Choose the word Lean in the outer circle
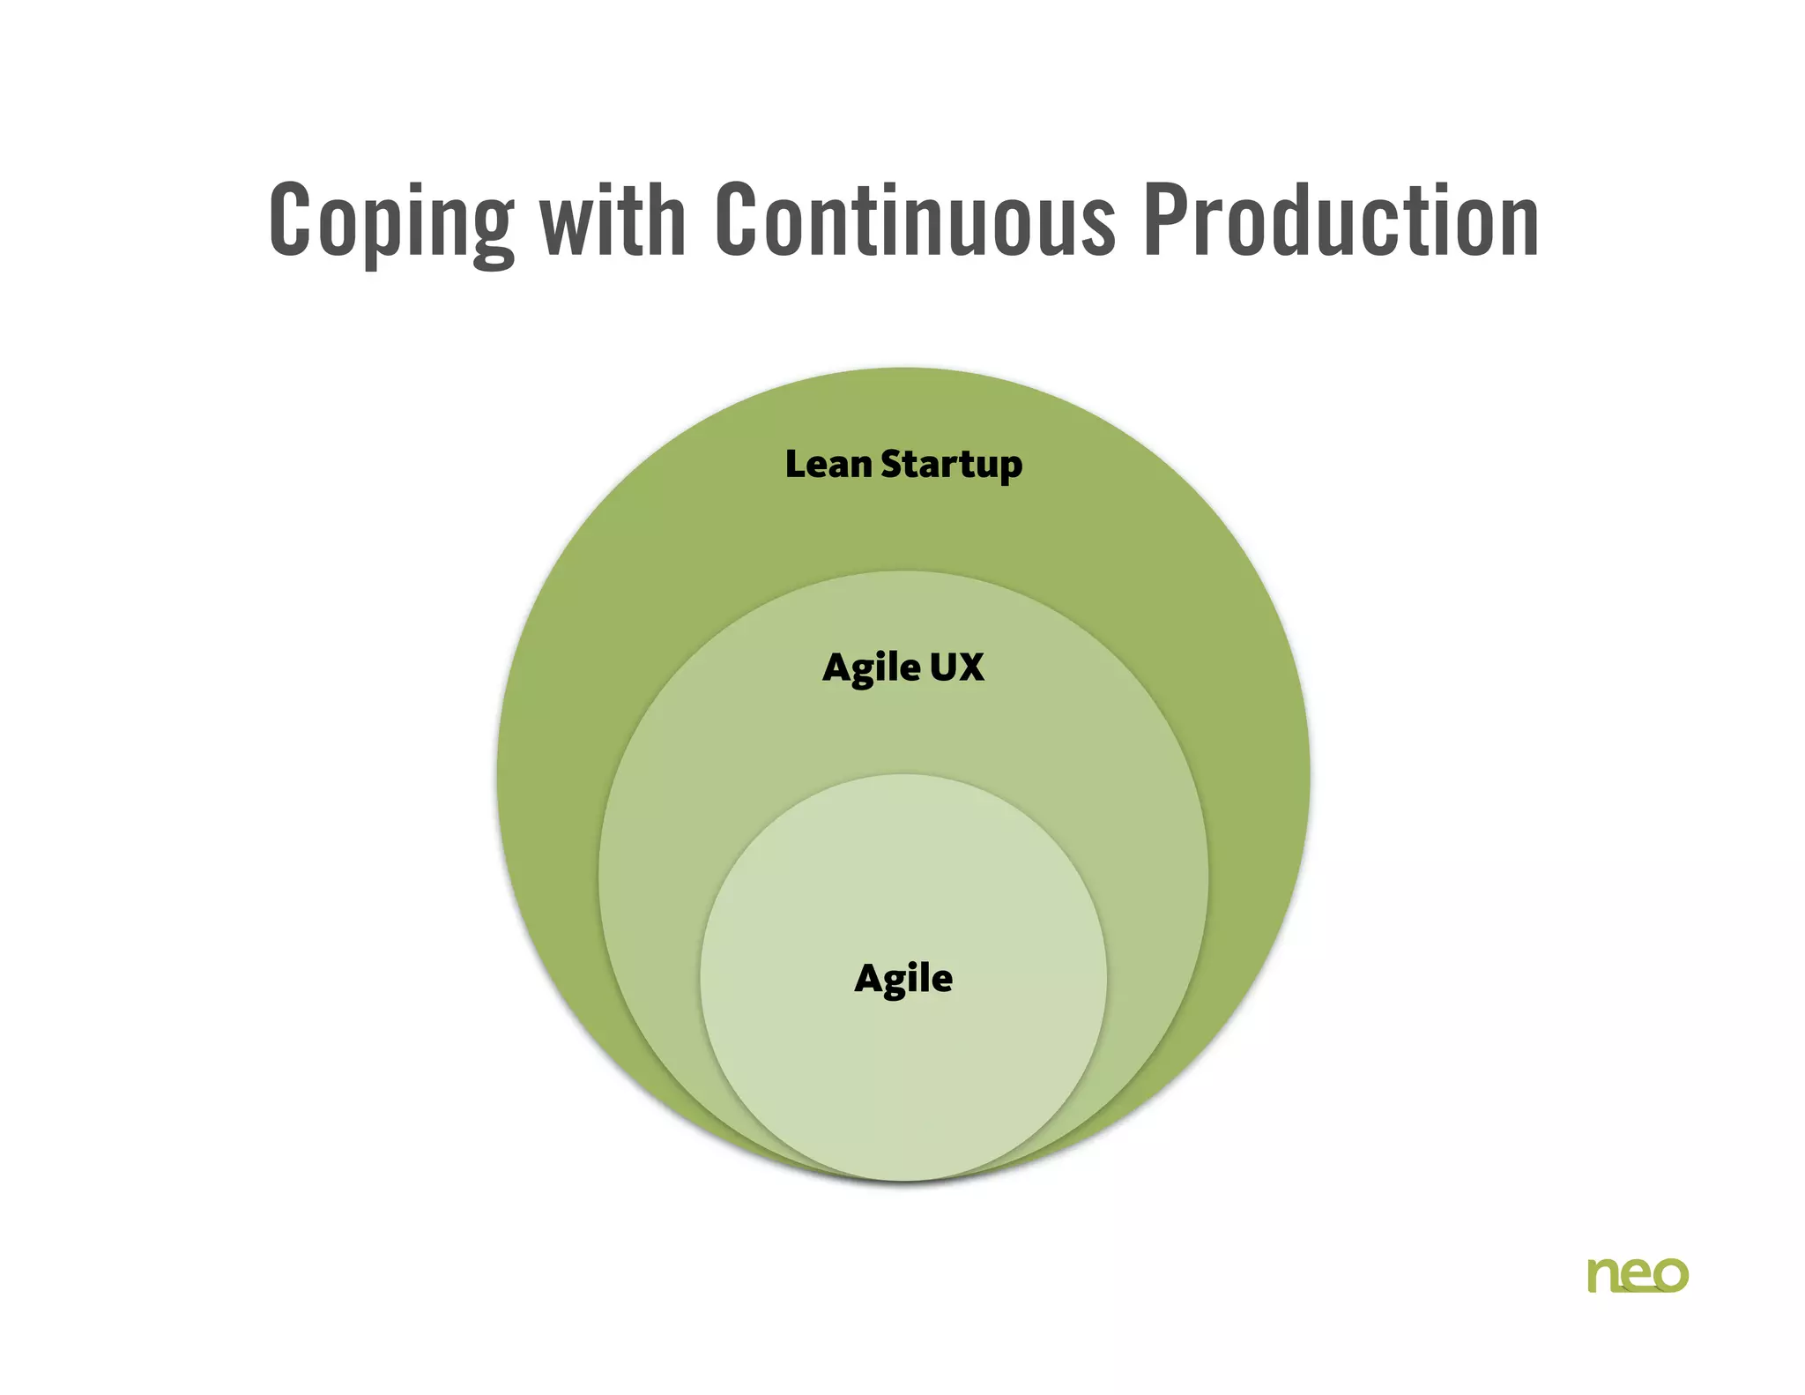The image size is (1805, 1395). (828, 464)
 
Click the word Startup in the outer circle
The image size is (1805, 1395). (951, 466)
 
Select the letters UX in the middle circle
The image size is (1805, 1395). (956, 667)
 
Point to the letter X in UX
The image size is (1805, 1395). (970, 667)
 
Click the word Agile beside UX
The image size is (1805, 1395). (871, 668)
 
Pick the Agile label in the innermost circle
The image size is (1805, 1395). (903, 979)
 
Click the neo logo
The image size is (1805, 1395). (1638, 1274)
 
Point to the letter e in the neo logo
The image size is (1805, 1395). (1637, 1275)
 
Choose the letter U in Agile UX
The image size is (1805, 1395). (942, 667)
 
